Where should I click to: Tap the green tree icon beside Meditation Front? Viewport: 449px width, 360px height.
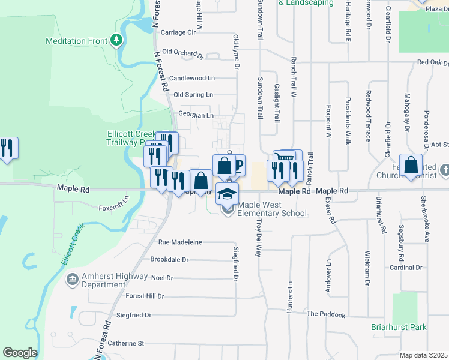[116, 41]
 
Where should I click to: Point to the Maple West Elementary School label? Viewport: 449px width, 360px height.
[272, 209]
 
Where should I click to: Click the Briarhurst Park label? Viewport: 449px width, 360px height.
[399, 328]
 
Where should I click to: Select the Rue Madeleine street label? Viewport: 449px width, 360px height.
[180, 242]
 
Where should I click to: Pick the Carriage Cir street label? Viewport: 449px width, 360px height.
[178, 32]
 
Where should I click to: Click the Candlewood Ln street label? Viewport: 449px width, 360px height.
[191, 79]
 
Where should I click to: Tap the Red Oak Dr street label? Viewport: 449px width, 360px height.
[433, 62]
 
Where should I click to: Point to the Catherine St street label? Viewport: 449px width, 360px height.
[126, 344]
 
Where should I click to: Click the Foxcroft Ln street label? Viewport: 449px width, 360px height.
[113, 203]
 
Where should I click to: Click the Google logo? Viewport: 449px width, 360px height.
[20, 353]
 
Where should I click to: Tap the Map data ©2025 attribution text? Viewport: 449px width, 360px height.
[423, 355]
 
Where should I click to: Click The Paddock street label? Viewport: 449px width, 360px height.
[326, 314]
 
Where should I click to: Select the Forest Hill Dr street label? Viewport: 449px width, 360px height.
[145, 296]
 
